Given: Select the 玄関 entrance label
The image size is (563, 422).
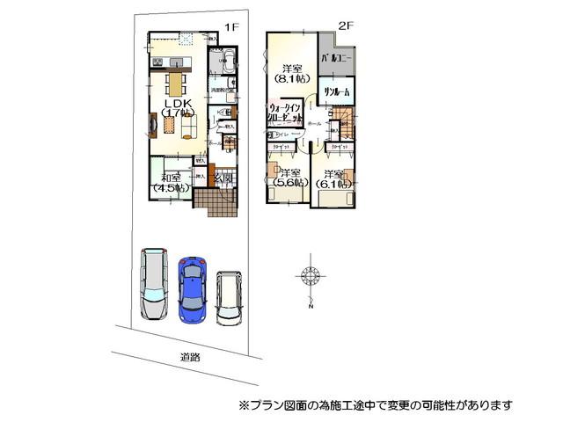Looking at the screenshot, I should coord(223,178).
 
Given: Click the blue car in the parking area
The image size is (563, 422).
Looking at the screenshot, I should coord(192,287).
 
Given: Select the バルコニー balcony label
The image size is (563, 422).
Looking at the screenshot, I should coord(335,58).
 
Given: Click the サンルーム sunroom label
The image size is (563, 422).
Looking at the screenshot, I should coord(335,92).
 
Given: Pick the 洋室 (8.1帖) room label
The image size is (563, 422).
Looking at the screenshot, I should coord(291,73).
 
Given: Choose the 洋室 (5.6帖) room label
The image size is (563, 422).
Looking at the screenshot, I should coord(289,178).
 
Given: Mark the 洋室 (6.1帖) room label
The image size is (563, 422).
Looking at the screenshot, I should coord(336,179).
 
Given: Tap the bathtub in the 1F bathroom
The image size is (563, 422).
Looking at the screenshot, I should coord(224,63).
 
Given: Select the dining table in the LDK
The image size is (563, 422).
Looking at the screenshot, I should coord(174,83).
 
